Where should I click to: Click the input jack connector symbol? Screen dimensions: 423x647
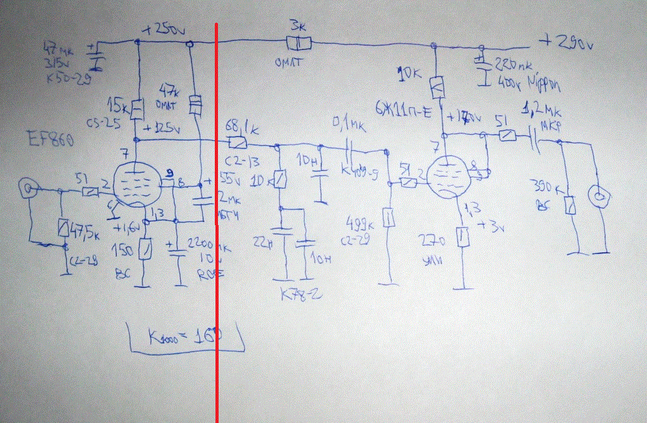click(28, 187)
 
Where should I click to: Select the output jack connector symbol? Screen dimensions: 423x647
click(597, 197)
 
